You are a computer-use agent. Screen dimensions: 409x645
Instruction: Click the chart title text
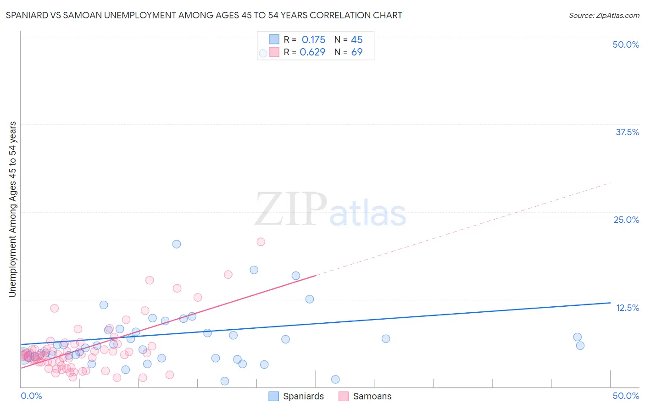[x=204, y=16]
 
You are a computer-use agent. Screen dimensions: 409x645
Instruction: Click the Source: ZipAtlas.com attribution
[x=604, y=16]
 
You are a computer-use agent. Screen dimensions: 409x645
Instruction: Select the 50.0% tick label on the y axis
[x=626, y=44]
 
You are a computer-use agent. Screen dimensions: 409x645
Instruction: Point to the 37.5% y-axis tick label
[x=627, y=132]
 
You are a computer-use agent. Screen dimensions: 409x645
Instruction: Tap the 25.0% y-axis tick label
[x=626, y=220]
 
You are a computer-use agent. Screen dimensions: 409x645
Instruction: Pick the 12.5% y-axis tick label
[x=627, y=308]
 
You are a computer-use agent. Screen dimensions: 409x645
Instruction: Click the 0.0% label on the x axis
[x=31, y=396]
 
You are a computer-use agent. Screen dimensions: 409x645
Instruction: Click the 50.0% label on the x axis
[x=626, y=396]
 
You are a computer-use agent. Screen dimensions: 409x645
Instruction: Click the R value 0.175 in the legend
[x=313, y=40]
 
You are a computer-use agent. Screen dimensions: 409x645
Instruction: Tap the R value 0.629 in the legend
[x=312, y=52]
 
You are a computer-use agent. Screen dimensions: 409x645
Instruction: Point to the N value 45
[x=357, y=40]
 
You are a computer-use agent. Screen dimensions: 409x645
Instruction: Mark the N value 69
[x=357, y=52]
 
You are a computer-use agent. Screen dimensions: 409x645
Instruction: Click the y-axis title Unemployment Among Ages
[x=12, y=209]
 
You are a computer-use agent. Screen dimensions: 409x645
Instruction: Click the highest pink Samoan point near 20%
[x=261, y=242]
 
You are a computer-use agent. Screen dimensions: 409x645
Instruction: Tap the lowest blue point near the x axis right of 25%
[x=335, y=379]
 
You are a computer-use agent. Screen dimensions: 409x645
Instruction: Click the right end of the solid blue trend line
[x=610, y=303]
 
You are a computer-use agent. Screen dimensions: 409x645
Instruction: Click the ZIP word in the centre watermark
[x=290, y=210]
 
